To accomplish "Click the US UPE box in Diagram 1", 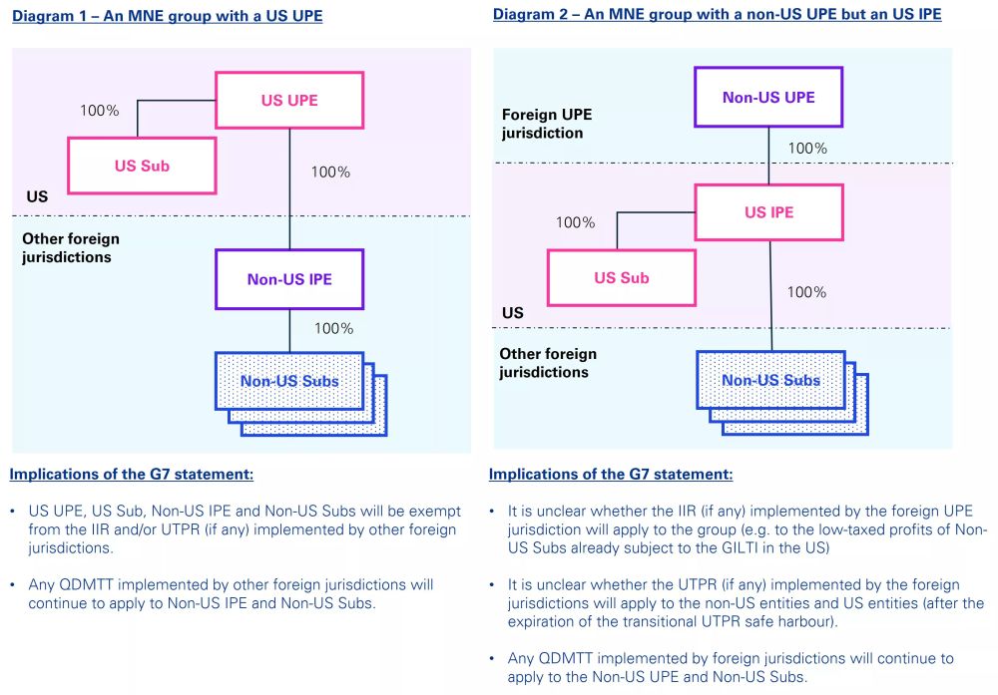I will click(289, 100).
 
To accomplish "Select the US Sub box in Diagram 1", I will click(142, 166).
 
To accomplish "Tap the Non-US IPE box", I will click(289, 279).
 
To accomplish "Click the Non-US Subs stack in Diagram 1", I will click(289, 381).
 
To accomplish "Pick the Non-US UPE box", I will click(768, 97).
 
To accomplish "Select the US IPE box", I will click(768, 212).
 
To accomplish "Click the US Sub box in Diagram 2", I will click(622, 277).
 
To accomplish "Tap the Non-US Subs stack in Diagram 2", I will click(770, 380).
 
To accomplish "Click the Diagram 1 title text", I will click(167, 16).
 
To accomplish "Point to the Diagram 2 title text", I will click(717, 14).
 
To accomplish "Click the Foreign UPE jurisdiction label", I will click(546, 124).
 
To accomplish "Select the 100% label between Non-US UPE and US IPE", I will click(807, 149).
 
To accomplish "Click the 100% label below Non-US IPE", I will click(333, 328).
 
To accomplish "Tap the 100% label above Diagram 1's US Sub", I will click(100, 111).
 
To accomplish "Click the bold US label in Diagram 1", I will click(37, 196).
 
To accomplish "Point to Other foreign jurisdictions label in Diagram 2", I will click(548, 363).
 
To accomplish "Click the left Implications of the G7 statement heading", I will click(132, 474).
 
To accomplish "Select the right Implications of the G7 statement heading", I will click(611, 474).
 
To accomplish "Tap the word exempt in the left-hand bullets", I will click(433, 511).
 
